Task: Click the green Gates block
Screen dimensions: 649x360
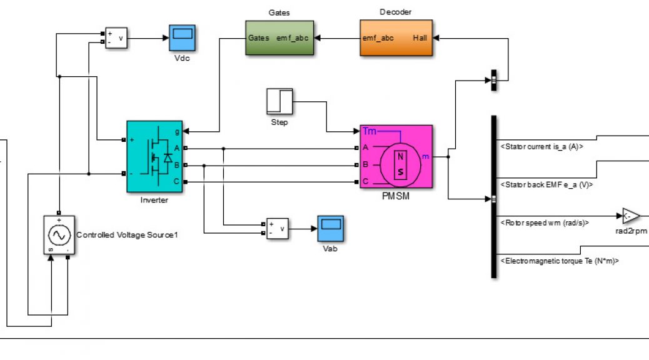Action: (279, 37)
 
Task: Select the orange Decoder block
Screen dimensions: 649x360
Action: (396, 37)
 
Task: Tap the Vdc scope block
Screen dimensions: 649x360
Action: (182, 38)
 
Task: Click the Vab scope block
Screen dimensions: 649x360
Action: (330, 228)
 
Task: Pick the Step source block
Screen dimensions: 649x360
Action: (279, 101)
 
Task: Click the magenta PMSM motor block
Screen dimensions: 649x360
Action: (396, 157)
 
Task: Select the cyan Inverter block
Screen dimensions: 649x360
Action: (154, 156)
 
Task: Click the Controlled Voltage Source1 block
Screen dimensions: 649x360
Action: (59, 234)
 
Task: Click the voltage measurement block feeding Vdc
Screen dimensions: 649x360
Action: (116, 38)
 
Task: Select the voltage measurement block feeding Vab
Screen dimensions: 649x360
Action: (278, 228)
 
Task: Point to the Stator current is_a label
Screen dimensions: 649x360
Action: (542, 146)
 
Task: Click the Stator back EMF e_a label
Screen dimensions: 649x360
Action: (546, 184)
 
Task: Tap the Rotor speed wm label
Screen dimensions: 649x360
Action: (545, 222)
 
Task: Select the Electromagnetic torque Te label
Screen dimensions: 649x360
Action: (560, 261)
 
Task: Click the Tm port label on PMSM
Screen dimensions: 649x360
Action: (369, 131)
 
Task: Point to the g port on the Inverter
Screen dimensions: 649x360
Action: (177, 132)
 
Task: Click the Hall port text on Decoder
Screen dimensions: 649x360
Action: (420, 37)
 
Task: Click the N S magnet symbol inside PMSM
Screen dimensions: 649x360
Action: (400, 164)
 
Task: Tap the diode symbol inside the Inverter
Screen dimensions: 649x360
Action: (168, 157)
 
